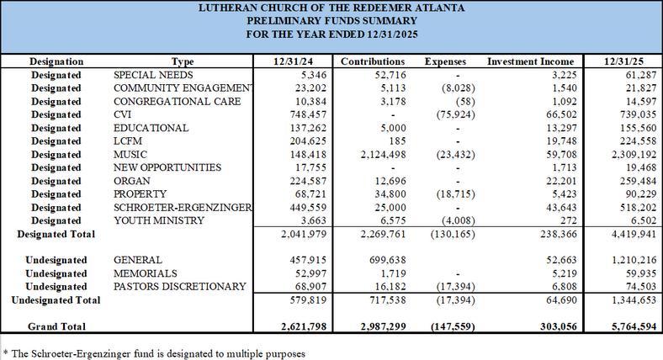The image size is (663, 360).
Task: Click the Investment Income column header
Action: coord(531,61)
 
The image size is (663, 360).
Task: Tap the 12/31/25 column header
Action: coord(627,61)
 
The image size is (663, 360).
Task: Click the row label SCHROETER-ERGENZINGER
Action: coord(183,207)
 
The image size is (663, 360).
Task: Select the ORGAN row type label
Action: coord(134,181)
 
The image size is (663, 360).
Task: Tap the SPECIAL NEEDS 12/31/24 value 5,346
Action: coord(299,75)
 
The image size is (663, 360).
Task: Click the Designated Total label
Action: coord(55,234)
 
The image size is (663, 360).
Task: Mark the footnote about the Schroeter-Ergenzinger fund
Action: coord(154,353)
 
